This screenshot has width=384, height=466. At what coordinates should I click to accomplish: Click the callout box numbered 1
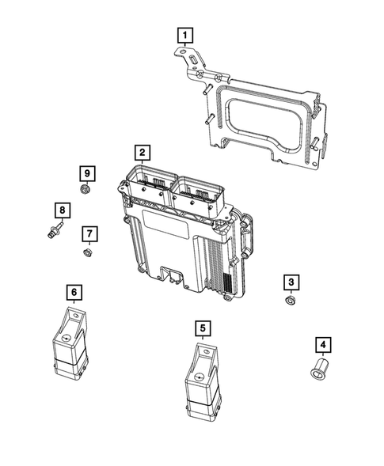pos(184,35)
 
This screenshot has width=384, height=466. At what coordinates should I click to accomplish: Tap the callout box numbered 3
pos(291,282)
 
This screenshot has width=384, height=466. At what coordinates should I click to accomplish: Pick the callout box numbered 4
pos(322,344)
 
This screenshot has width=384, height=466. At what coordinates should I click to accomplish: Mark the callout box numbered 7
pos(89,233)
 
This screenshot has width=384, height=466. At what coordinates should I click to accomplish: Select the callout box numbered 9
pos(86,172)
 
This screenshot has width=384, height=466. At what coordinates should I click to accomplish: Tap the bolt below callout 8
pos(52,231)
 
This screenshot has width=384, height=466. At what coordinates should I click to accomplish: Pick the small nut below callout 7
pos(87,252)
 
